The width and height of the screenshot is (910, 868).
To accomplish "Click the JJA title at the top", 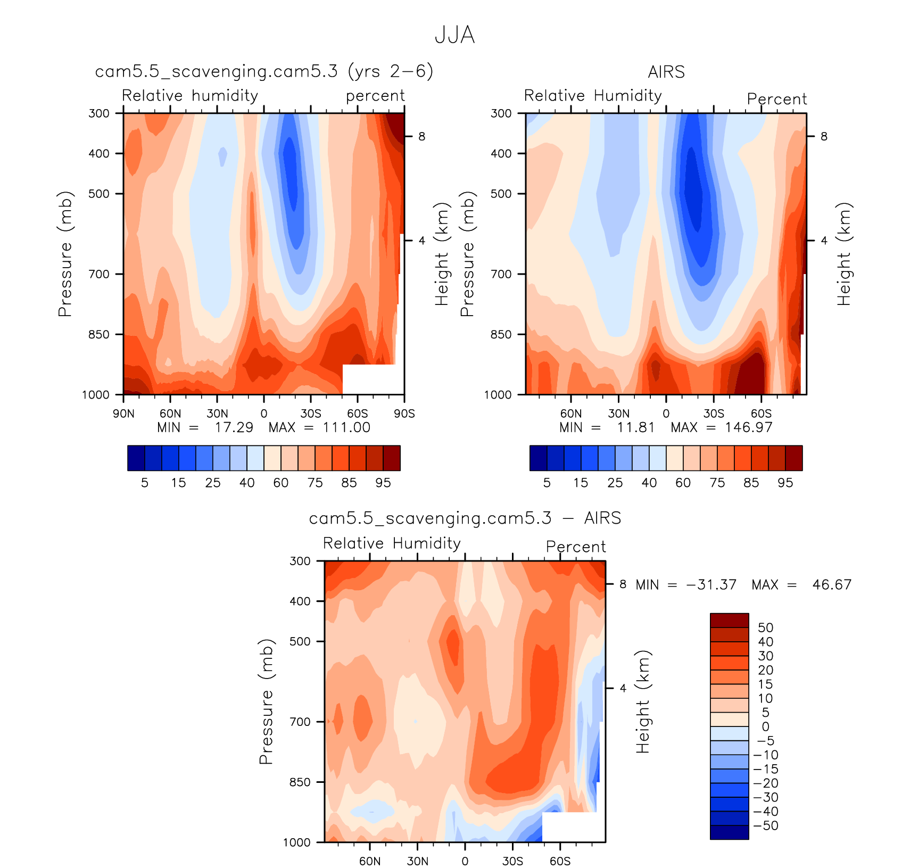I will pos(454,35).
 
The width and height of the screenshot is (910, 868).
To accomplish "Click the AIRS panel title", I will pos(666,72).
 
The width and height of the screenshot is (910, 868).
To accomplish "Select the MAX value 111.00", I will pos(346,427).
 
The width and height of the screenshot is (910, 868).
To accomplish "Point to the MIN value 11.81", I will pos(635,427).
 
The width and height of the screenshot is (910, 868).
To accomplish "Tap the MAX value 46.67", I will pos(832,585).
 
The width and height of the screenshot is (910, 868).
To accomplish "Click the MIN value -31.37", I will pos(712,585).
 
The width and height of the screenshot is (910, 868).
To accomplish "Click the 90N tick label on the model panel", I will pos(123,414).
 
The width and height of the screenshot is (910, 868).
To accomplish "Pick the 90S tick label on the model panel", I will pos(404,414).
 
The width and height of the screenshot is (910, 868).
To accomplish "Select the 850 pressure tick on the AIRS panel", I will pos(501,334).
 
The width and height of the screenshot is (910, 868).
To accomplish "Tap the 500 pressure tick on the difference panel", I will pos(300,641).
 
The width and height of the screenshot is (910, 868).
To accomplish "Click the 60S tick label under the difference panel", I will pos(560,861).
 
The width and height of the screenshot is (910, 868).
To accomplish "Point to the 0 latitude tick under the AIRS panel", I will pos(666,414).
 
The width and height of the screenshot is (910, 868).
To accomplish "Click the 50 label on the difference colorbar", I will pos(765,627).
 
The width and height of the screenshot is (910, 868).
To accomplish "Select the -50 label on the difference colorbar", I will pos(766,825).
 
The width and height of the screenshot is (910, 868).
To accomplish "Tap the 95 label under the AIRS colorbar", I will pos(785,483).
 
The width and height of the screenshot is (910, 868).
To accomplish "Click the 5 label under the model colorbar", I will pos(145,483).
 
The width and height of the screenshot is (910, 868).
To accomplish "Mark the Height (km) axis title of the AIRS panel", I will pos(844,254).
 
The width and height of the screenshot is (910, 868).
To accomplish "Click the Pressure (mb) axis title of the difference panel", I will pos(266,701).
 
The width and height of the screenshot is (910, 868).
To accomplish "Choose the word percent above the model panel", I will pos(375,96).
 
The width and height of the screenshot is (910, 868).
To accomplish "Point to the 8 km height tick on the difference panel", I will pos(623,584).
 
